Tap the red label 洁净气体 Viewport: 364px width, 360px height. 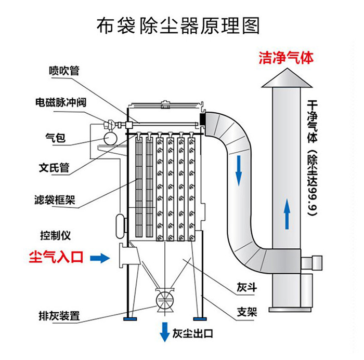tap(286, 58)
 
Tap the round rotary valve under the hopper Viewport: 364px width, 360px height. tap(165, 301)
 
